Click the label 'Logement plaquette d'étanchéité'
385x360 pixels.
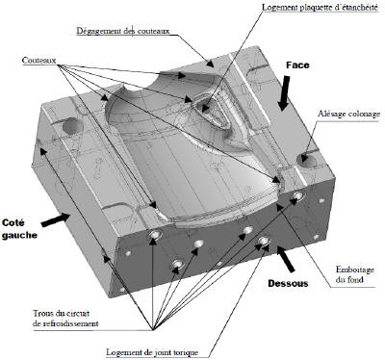click(x=320, y=7)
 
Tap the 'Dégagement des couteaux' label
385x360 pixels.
click(x=123, y=31)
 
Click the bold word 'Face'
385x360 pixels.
click(x=297, y=65)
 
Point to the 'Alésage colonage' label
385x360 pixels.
click(x=349, y=114)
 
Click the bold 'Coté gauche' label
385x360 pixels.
click(x=19, y=229)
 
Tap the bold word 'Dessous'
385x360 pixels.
click(x=288, y=283)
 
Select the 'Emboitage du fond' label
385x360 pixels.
click(x=355, y=274)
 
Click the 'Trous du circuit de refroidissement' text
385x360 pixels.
click(x=65, y=318)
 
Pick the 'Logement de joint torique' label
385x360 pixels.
click(x=152, y=352)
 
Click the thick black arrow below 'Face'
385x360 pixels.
click(x=284, y=93)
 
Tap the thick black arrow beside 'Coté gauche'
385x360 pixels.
click(x=55, y=220)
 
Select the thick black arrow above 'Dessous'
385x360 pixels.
click(x=286, y=259)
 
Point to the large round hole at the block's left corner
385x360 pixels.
click(x=72, y=126)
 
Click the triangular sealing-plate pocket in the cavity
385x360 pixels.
click(x=211, y=111)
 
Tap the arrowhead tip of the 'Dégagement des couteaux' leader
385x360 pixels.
click(x=214, y=67)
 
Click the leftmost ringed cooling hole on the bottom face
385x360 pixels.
click(x=154, y=235)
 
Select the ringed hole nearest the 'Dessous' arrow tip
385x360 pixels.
click(x=265, y=241)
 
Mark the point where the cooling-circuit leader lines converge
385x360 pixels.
click(x=153, y=330)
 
